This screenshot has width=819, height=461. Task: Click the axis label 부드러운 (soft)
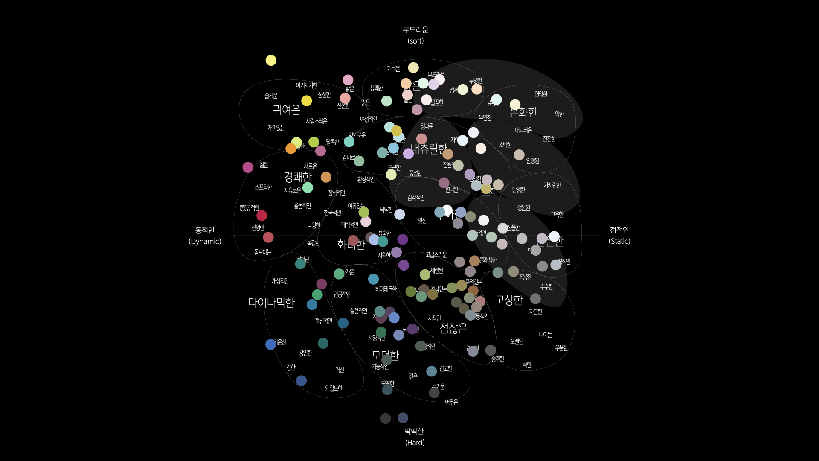(x=415, y=35)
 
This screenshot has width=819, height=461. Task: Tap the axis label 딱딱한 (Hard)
(x=414, y=437)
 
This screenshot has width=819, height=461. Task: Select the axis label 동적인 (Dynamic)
(x=205, y=236)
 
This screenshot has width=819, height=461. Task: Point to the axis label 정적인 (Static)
(x=619, y=235)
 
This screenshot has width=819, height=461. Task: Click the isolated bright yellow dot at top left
(x=271, y=61)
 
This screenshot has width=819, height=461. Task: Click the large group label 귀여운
(x=287, y=110)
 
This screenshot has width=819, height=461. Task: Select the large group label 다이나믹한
(x=271, y=303)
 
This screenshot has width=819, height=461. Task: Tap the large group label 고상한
(x=509, y=300)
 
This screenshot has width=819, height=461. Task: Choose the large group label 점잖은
(x=453, y=328)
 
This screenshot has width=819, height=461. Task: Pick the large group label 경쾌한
(x=298, y=177)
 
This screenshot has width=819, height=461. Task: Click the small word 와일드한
(x=334, y=388)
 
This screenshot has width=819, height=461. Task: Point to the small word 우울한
(x=561, y=348)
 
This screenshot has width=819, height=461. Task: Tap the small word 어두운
(x=451, y=402)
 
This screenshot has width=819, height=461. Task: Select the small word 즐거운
(x=271, y=96)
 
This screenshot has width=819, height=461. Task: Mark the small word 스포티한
(x=263, y=187)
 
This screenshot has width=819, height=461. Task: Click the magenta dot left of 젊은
(x=248, y=167)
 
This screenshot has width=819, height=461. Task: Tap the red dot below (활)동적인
(x=262, y=216)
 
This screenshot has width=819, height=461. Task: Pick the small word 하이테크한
(x=386, y=289)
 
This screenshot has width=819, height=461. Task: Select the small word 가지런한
(x=552, y=185)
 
